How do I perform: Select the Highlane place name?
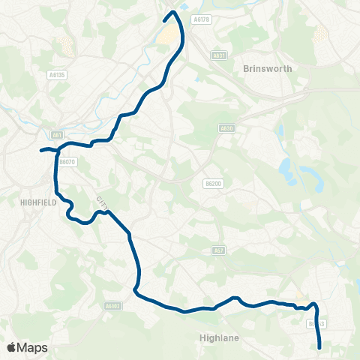coord(220,337)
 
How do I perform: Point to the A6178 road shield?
coord(200,19)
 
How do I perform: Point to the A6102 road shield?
coord(112,306)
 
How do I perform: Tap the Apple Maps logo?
coord(27,347)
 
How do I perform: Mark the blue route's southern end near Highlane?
coord(320,347)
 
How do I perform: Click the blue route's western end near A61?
coord(41,150)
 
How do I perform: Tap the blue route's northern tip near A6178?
coord(173,11)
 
